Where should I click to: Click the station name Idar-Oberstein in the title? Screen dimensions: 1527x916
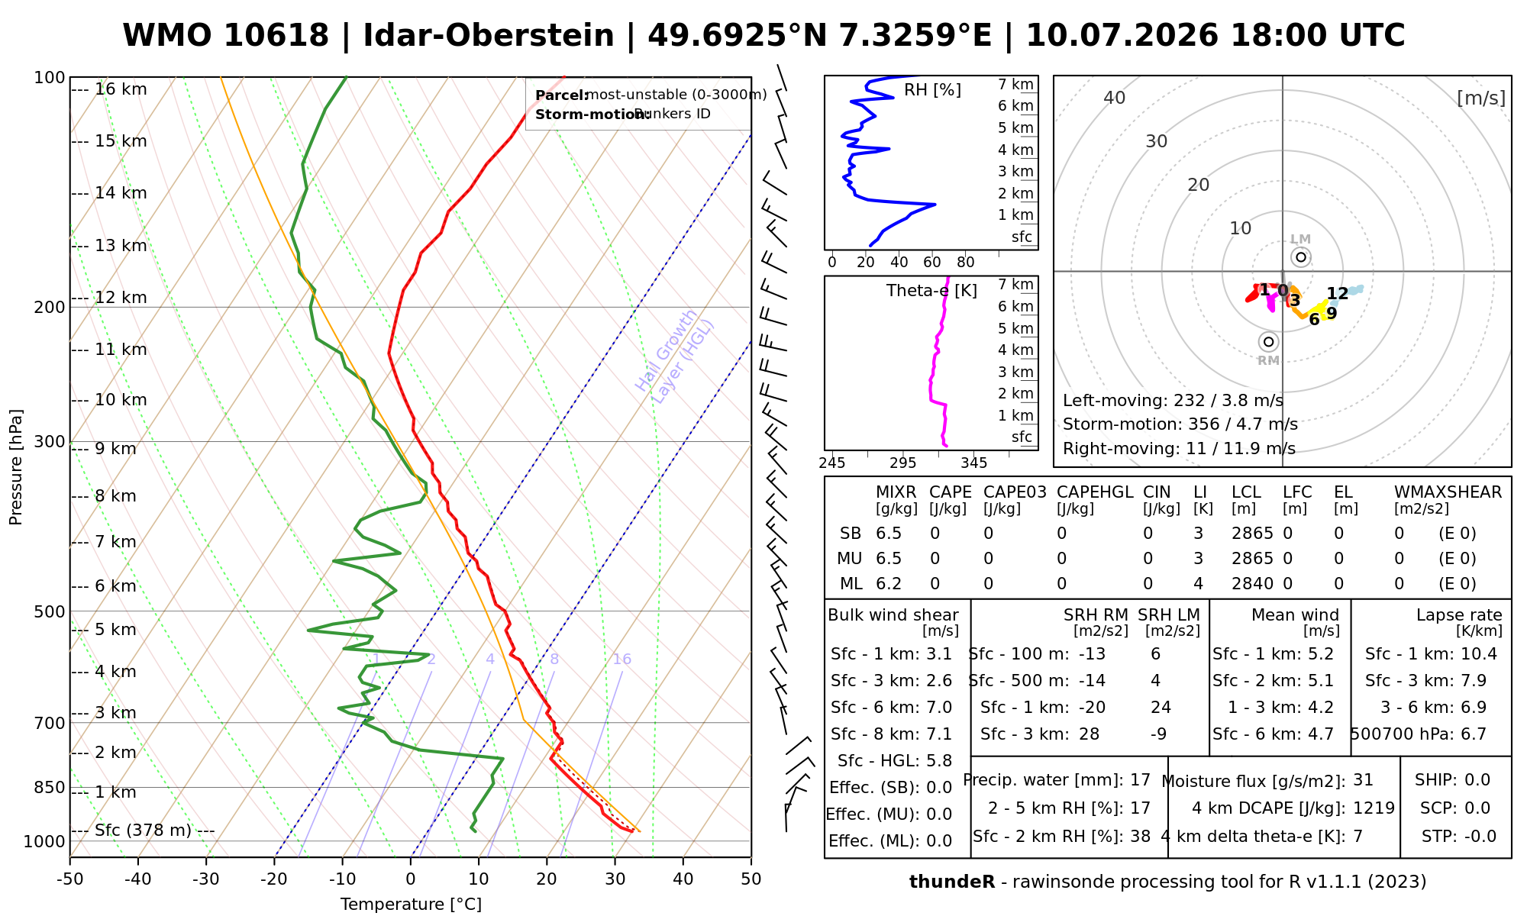[489, 36]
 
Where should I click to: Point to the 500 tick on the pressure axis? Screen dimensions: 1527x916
[50, 611]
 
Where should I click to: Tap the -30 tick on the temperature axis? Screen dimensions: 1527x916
[206, 879]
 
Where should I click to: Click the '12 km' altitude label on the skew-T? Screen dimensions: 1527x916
[121, 298]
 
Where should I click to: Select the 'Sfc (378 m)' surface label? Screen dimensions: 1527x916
[144, 831]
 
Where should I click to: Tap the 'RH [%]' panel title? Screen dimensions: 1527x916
[932, 90]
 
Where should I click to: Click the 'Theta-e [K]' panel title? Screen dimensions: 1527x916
[931, 291]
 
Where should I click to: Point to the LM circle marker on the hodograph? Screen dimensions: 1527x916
[1301, 257]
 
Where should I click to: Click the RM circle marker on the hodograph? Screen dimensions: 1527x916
[1269, 342]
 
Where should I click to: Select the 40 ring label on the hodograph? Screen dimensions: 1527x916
[1115, 98]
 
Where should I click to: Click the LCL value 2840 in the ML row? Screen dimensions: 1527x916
[1252, 584]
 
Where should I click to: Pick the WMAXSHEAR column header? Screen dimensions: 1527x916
[1448, 492]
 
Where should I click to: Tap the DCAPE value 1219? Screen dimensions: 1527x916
[1374, 808]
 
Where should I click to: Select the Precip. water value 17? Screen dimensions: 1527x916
[1140, 780]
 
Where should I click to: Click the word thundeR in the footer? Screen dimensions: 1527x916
[952, 882]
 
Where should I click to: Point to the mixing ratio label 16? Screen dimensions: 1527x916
[622, 660]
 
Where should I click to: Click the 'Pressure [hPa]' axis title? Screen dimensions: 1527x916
[16, 467]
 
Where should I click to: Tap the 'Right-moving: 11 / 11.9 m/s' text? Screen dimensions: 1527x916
[1179, 449]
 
